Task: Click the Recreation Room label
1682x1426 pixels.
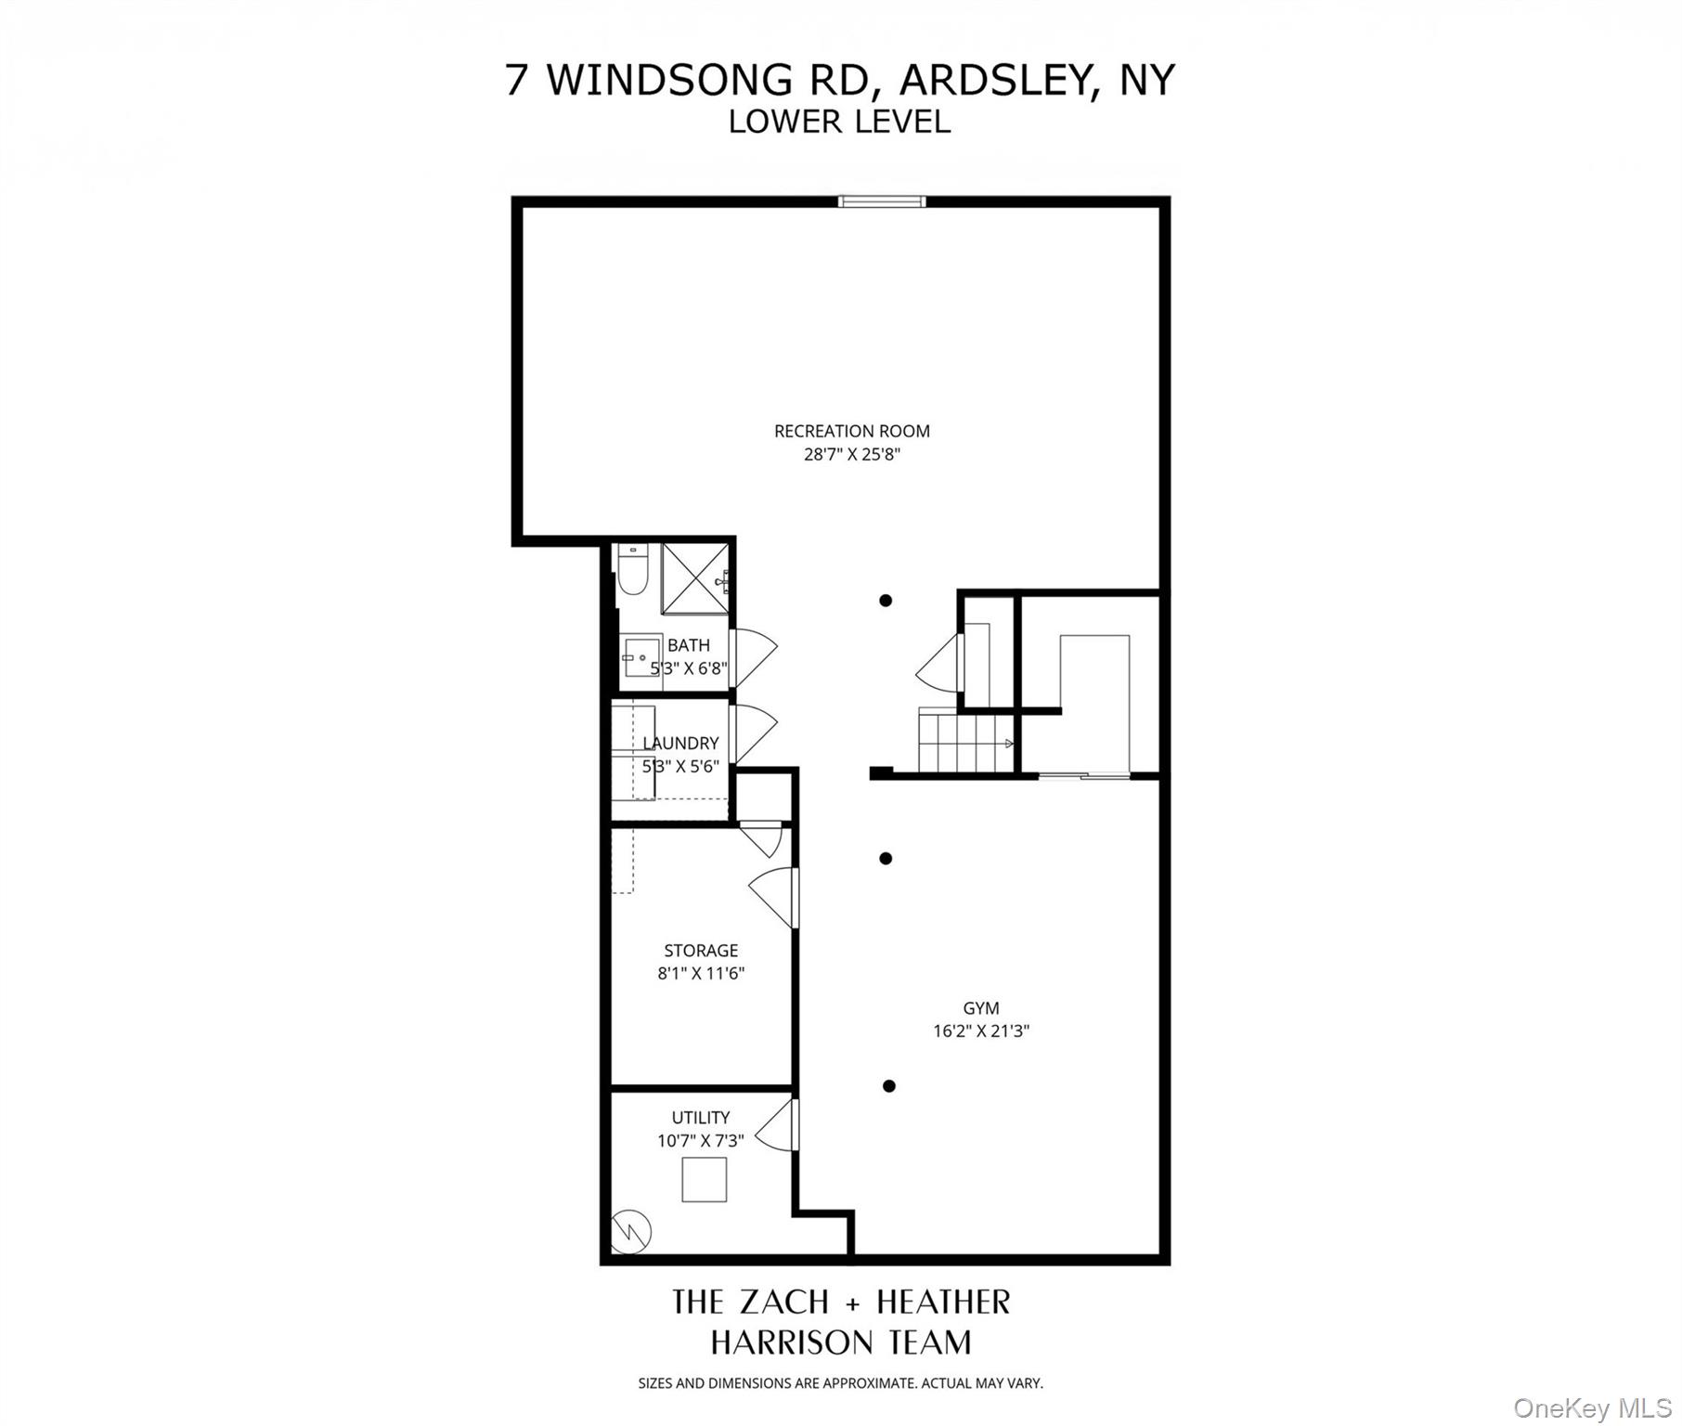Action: click(851, 431)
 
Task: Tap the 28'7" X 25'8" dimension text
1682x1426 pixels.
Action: click(851, 455)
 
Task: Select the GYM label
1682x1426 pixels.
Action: click(980, 1007)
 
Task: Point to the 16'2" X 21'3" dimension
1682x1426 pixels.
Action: click(981, 1031)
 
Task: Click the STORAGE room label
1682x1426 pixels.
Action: click(701, 950)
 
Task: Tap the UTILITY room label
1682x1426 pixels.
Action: click(701, 1117)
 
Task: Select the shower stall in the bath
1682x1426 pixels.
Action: click(694, 578)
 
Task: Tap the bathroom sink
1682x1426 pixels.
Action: click(640, 657)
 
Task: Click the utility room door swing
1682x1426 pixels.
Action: click(776, 1126)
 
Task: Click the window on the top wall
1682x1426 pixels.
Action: click(881, 201)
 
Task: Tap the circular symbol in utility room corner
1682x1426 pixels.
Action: click(631, 1232)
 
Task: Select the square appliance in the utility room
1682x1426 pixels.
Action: click(704, 1180)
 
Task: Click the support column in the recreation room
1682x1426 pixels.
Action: click(886, 601)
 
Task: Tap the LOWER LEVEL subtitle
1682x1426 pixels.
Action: click(839, 122)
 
